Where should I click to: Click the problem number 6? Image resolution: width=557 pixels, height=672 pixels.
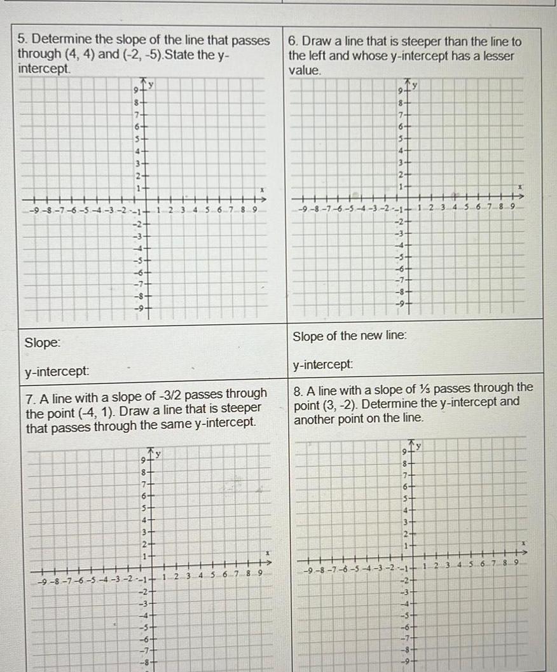coord(292,41)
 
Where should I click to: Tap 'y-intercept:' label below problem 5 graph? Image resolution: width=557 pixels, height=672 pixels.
coord(57,371)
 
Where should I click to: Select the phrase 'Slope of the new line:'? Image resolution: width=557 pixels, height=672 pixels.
coord(349,336)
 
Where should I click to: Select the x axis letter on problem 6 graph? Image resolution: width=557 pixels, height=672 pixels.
coord(519,188)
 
